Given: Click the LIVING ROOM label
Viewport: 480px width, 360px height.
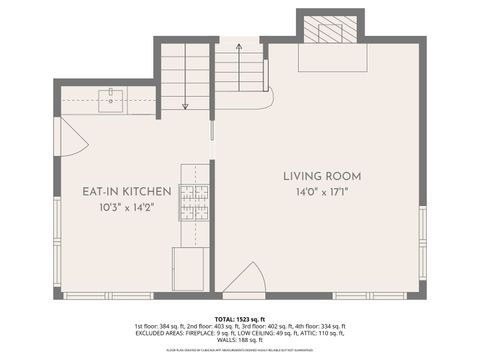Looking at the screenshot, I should tap(322, 175).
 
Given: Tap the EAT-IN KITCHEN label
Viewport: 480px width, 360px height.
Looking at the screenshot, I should tap(127, 191).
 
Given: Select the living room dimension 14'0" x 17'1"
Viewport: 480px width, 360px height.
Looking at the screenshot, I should tap(322, 191).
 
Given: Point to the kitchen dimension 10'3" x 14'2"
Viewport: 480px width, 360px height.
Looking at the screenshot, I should tap(127, 208).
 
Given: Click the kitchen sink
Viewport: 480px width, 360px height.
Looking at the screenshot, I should tap(110, 99).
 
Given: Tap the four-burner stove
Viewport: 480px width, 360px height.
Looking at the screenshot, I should tap(194, 203).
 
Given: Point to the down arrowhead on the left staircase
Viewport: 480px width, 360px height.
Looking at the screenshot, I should tap(186, 105).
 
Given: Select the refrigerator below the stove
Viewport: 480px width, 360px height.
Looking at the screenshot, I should tap(190, 269).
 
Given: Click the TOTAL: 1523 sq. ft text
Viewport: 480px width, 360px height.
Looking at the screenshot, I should tap(240, 317).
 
